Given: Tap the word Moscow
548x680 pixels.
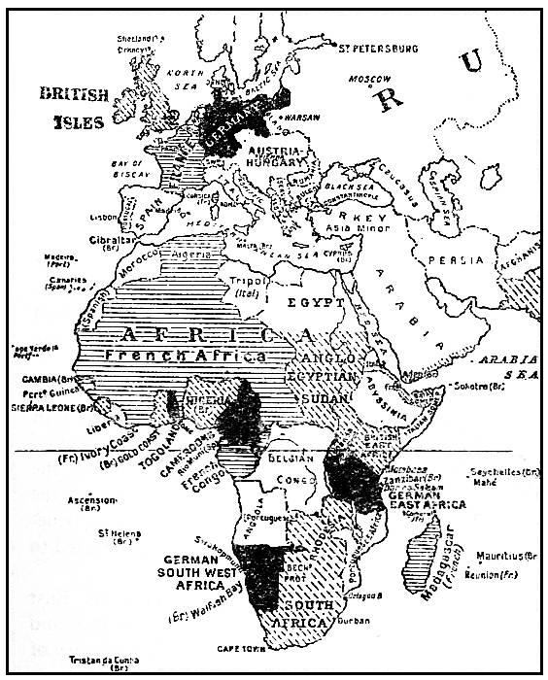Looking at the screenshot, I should pos(371,77).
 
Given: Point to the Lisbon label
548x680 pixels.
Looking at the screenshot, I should pos(103,220).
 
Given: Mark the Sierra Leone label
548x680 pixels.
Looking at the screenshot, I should pos(67,408).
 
